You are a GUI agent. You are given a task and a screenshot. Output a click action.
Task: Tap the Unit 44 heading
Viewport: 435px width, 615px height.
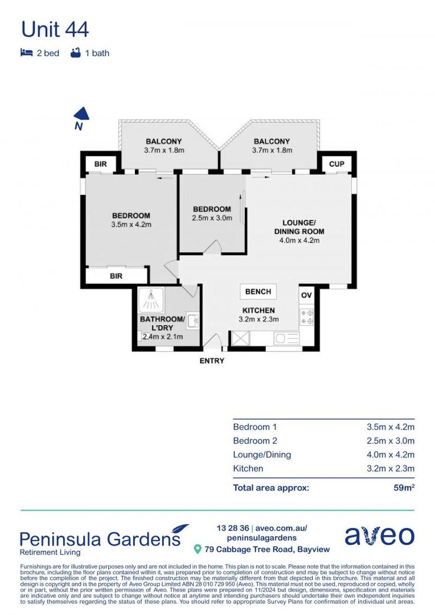(x=55, y=30)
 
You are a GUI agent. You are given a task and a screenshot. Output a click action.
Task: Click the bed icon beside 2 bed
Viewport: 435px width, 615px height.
(x=26, y=52)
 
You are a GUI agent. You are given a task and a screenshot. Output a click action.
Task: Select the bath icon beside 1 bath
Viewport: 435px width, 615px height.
(x=76, y=52)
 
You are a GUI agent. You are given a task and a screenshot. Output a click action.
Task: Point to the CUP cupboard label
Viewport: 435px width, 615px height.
(x=336, y=163)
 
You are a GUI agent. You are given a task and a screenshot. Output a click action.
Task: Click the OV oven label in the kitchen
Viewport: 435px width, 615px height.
(x=306, y=295)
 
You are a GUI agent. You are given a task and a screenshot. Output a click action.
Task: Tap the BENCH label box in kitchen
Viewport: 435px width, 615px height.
(x=258, y=292)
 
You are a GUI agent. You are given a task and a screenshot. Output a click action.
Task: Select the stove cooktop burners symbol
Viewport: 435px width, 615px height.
(x=307, y=317)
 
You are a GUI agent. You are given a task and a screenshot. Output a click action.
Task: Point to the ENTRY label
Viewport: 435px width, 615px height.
(x=212, y=360)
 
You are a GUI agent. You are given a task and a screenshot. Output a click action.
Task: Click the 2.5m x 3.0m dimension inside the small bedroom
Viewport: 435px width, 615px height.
(x=212, y=218)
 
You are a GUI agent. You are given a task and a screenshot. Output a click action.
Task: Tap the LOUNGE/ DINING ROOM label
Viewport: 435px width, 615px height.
(x=299, y=227)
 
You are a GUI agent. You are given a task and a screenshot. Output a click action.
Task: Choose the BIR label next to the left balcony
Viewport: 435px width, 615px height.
(x=101, y=163)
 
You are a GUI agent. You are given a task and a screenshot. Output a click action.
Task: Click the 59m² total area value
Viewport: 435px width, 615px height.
(x=404, y=487)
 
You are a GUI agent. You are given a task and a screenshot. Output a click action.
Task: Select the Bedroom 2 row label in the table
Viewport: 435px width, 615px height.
(x=255, y=440)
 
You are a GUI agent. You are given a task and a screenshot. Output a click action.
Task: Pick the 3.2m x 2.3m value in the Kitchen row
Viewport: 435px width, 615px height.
(x=390, y=468)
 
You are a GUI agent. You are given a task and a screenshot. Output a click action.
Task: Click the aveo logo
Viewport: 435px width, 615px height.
(x=379, y=536)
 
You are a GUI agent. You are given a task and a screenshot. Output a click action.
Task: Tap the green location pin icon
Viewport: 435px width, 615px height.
(x=198, y=549)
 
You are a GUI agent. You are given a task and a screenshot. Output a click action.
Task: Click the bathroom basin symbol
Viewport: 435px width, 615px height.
(x=192, y=320)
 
